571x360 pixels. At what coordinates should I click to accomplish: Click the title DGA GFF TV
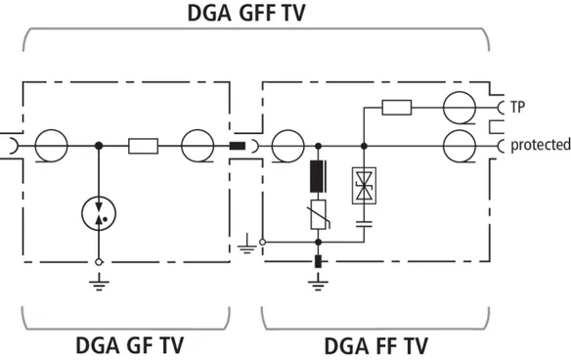pyautogui.click(x=246, y=13)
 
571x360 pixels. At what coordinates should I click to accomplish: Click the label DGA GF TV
pyautogui.click(x=129, y=345)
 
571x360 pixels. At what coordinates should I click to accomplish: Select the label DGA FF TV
pyautogui.click(x=375, y=345)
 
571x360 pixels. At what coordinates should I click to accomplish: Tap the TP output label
pyautogui.click(x=517, y=108)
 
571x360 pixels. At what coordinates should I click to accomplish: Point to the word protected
pyautogui.click(x=541, y=145)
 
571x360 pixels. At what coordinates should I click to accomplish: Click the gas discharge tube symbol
pyautogui.click(x=99, y=213)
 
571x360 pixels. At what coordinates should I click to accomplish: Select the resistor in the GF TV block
pyautogui.click(x=143, y=146)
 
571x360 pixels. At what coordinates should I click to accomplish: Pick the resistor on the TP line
pyautogui.click(x=397, y=108)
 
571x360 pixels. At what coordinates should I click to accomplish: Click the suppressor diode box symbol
pyautogui.click(x=364, y=186)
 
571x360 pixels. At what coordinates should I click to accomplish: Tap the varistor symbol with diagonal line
pyautogui.click(x=319, y=214)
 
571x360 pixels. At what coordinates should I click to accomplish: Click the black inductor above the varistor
pyautogui.click(x=318, y=176)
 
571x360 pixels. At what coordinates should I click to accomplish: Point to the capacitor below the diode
pyautogui.click(x=364, y=224)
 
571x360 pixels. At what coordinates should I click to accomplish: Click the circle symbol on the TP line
pyautogui.click(x=460, y=108)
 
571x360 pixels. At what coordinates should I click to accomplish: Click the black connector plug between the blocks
pyautogui.click(x=237, y=146)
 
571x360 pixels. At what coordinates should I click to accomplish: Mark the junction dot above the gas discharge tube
pyautogui.click(x=99, y=146)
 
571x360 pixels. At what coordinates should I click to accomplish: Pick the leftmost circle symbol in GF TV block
pyautogui.click(x=52, y=146)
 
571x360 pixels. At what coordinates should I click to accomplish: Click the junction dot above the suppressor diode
pyautogui.click(x=364, y=146)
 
